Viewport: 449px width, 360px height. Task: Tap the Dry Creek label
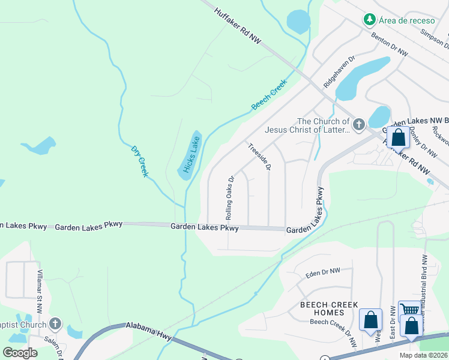pos(139,160)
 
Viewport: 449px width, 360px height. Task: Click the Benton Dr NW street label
pos(390,44)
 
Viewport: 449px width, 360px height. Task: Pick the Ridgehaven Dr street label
pos(339,73)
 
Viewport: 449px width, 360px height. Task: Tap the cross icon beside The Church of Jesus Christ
pos(358,125)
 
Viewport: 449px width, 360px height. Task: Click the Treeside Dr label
pos(259,155)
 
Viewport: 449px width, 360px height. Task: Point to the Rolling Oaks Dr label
pos(229,197)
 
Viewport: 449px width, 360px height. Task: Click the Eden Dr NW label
pos(322,272)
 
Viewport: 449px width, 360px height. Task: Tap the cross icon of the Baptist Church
pos(55,324)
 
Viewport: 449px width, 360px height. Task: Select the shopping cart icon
pos(409,310)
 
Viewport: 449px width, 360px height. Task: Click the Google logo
pos(20,352)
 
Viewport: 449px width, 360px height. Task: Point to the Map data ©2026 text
pos(424,355)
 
